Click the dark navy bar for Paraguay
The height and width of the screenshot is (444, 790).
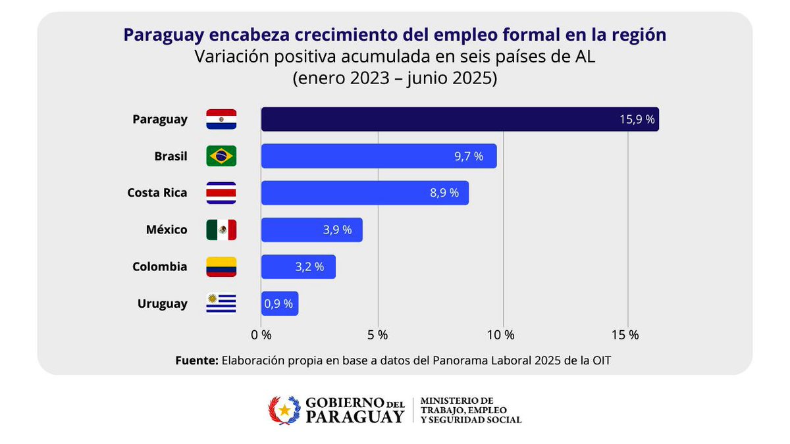point(460,119)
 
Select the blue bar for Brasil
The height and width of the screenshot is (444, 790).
point(379,156)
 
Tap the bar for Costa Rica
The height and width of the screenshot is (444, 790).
point(365,193)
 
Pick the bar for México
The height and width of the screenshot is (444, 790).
point(311,230)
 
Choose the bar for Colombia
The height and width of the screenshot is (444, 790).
point(298,266)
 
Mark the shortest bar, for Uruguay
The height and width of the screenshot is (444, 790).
point(279,303)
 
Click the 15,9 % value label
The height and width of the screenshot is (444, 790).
point(637,120)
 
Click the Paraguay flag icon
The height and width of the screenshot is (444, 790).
point(221,119)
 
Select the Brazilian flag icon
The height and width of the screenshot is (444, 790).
point(221,156)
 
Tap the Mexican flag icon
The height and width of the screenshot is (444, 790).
point(221,230)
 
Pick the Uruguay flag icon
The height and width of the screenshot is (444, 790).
point(221,303)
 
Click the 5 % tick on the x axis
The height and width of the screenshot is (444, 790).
point(378,334)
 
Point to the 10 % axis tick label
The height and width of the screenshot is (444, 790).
point(501,334)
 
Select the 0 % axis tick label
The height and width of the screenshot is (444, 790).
point(261,334)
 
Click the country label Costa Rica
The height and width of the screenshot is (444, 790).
point(157,193)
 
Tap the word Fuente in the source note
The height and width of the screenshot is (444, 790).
point(196,360)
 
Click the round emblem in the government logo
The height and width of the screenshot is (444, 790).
point(284,410)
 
